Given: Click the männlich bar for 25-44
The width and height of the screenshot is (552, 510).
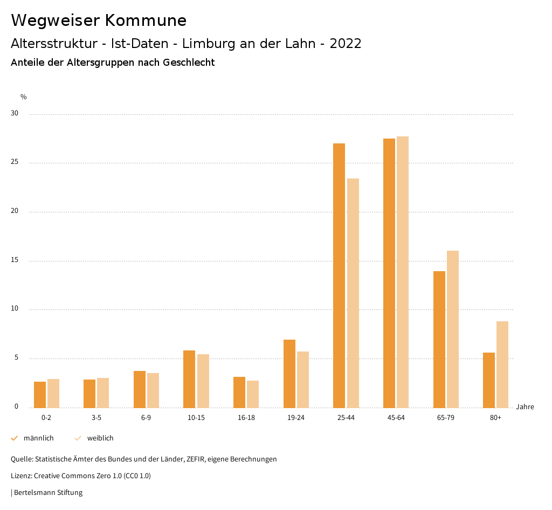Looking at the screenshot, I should [339, 275].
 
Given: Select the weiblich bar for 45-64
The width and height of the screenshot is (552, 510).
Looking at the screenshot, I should [403, 272].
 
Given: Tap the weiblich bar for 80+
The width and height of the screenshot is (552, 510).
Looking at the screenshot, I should [502, 364].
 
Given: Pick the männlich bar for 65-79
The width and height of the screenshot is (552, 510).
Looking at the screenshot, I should [439, 340].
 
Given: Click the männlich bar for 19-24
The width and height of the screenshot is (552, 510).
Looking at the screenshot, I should [289, 374].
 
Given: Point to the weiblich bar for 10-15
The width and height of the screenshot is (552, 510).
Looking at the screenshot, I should [203, 381].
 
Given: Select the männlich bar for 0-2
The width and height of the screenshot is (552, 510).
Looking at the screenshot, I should [40, 395].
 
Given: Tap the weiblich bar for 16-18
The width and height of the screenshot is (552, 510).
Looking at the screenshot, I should [253, 394].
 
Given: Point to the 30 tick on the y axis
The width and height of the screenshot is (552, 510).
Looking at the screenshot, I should [15, 114].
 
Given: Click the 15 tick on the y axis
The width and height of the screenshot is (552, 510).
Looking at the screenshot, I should [15, 261].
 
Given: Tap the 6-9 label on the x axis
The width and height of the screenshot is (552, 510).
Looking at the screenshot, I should [146, 418].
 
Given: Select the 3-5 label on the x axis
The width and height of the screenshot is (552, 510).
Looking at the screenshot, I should [96, 418].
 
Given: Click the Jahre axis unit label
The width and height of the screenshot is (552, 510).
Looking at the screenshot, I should [525, 407].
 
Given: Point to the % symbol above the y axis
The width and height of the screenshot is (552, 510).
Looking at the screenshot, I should [23, 97].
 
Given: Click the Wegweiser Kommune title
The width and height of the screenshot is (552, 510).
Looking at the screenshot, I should [99, 20].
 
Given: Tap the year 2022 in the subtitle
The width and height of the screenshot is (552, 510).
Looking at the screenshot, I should [346, 44].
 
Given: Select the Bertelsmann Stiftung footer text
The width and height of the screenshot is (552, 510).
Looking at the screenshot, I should [48, 493].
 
